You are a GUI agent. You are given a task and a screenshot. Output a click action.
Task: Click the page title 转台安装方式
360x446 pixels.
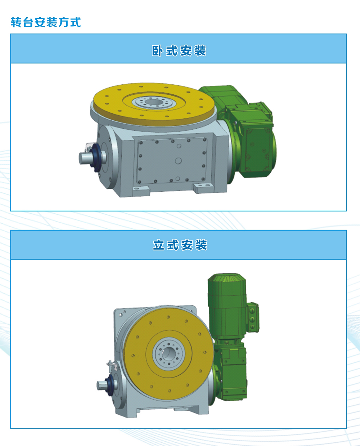coord(46,22)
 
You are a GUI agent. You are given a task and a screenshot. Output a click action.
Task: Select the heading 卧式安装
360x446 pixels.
coord(179,51)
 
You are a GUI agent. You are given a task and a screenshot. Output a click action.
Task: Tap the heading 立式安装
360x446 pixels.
coord(180,245)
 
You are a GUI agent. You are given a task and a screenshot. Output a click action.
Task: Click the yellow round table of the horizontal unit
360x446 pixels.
coord(154,105)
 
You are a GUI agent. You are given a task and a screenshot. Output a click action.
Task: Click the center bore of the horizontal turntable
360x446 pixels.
coord(154,102)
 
